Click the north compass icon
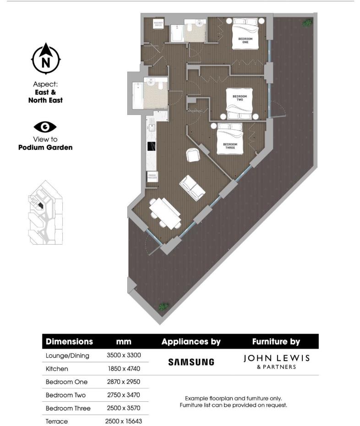point(45,60)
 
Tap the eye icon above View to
point(45,127)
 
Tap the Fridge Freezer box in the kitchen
point(152,176)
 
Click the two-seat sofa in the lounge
point(192,188)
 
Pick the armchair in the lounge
point(193,156)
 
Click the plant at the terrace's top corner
point(305,22)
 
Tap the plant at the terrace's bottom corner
point(162,306)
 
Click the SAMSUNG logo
point(191,362)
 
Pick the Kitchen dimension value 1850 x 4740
point(124,368)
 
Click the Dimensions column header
point(69,341)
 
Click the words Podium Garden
point(45,147)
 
